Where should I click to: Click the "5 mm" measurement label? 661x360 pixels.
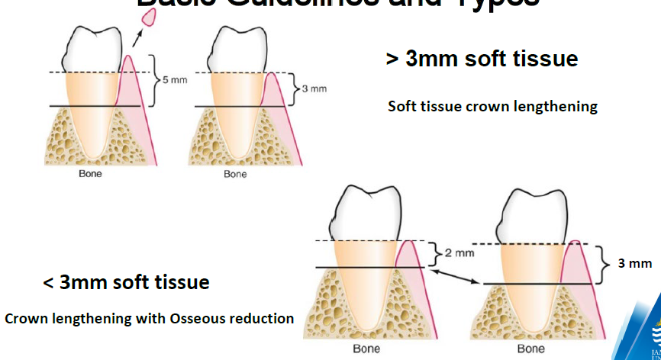[172, 81]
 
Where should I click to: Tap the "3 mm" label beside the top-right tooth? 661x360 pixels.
[314, 88]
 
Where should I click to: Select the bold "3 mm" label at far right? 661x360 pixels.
[635, 263]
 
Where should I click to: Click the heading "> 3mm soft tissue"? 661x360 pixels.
[482, 59]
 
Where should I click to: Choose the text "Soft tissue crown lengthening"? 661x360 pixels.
[492, 106]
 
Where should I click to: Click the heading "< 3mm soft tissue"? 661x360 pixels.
[126, 282]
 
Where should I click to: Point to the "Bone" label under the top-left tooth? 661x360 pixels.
[90, 174]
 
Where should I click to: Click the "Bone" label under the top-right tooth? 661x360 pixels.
[235, 174]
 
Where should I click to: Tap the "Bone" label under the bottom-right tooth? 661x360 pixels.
[531, 349]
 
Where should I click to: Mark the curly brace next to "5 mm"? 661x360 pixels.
[153, 80]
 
